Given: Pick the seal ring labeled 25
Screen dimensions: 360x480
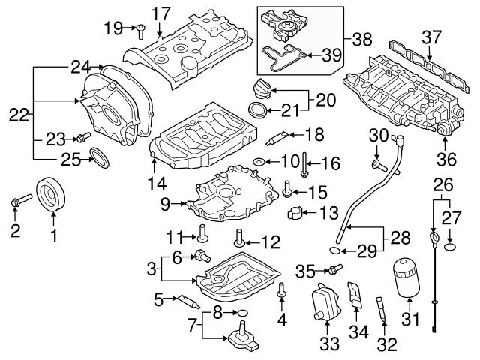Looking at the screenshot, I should [x=98, y=157].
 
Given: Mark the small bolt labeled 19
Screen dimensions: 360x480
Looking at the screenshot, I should [x=141, y=29].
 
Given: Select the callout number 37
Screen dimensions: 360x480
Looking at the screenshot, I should [x=431, y=37].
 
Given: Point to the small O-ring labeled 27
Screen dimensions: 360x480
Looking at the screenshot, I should [x=449, y=244].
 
